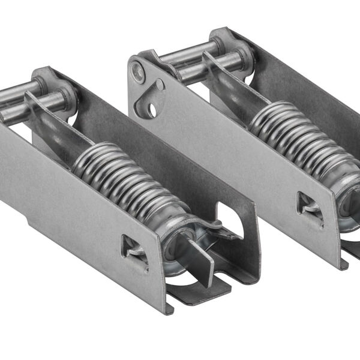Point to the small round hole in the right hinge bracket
click(x=153, y=110)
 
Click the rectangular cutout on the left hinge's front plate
click(x=133, y=247)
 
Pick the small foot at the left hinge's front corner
click(x=170, y=309)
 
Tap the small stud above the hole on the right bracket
click(x=160, y=85)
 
